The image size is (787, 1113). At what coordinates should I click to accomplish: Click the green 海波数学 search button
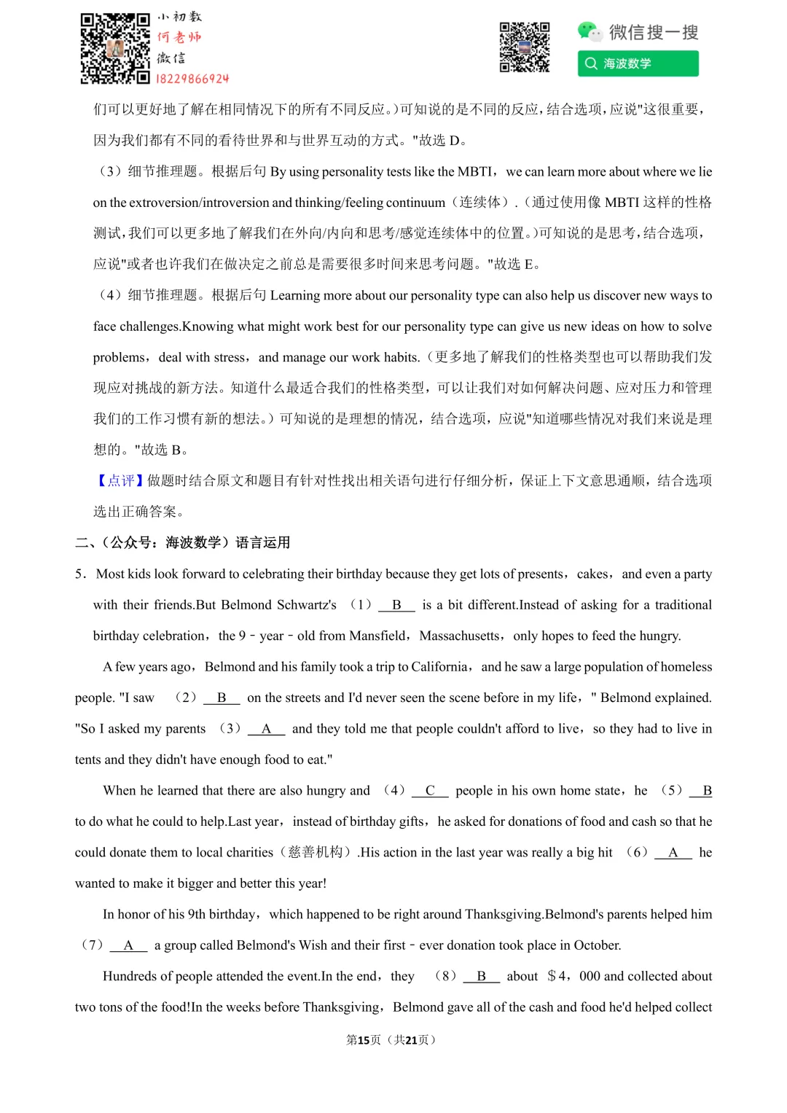pyautogui.click(x=638, y=63)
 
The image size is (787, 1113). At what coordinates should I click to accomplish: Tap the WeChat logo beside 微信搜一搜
pyautogui.click(x=588, y=31)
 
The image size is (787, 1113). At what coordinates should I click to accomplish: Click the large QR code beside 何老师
pyautogui.click(x=115, y=48)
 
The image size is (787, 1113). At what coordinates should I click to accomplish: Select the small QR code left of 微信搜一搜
pyautogui.click(x=525, y=47)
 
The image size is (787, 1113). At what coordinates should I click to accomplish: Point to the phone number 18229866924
pyautogui.click(x=192, y=79)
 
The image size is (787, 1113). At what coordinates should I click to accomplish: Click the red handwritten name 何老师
pyautogui.click(x=179, y=36)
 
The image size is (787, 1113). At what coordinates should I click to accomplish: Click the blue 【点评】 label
pyautogui.click(x=120, y=481)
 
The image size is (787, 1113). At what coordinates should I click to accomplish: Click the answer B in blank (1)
pyautogui.click(x=396, y=605)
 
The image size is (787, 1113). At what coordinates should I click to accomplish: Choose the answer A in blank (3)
pyautogui.click(x=266, y=729)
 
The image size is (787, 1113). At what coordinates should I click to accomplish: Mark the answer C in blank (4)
pyautogui.click(x=430, y=791)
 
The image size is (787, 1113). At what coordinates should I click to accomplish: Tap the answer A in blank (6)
pyautogui.click(x=673, y=853)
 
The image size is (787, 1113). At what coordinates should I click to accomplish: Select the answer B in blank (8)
pyautogui.click(x=481, y=977)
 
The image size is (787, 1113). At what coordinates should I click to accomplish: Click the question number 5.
pyautogui.click(x=79, y=574)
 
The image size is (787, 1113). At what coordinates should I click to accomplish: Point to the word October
pyautogui.click(x=596, y=945)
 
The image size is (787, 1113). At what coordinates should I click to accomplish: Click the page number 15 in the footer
pyautogui.click(x=364, y=1040)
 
